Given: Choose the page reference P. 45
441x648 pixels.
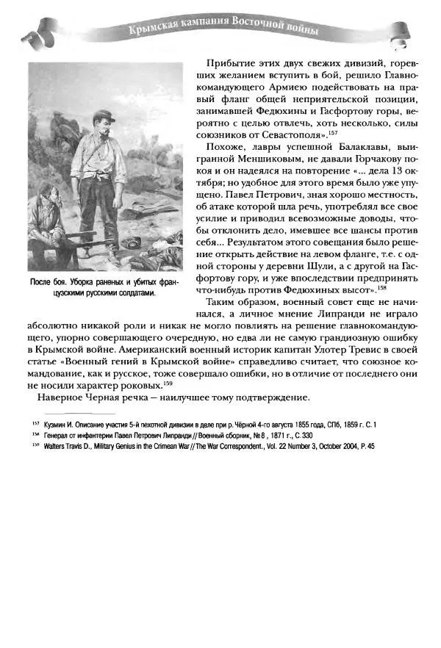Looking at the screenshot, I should point(365,446).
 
